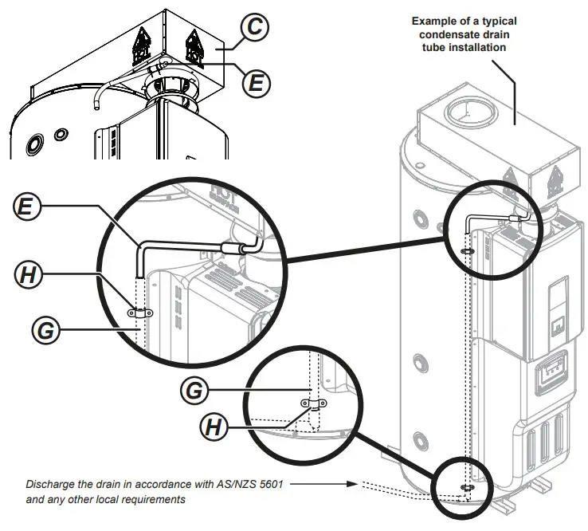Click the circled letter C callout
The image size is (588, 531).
coord(253,29)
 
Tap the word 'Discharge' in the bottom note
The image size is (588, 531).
coord(49,484)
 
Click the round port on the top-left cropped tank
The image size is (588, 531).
coord(36,144)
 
